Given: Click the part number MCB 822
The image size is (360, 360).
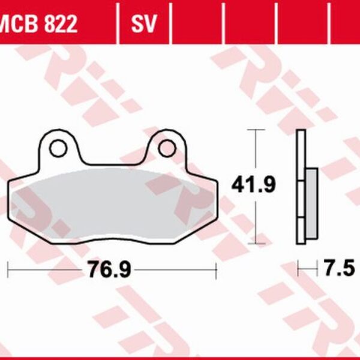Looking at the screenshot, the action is click(38, 23).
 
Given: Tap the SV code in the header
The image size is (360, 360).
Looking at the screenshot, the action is click(144, 23).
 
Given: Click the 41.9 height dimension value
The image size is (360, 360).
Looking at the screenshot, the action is click(253, 185).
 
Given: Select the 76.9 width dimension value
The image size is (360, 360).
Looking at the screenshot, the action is click(110, 269).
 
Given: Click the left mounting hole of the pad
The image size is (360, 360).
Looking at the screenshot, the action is click(58, 148).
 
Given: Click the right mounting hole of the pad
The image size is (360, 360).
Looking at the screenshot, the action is click(167, 148).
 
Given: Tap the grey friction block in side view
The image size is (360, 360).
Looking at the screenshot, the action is click(312, 203).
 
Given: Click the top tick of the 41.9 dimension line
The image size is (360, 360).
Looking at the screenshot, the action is click(256, 130).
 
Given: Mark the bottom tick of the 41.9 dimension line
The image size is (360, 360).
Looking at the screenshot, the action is click(256, 244).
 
